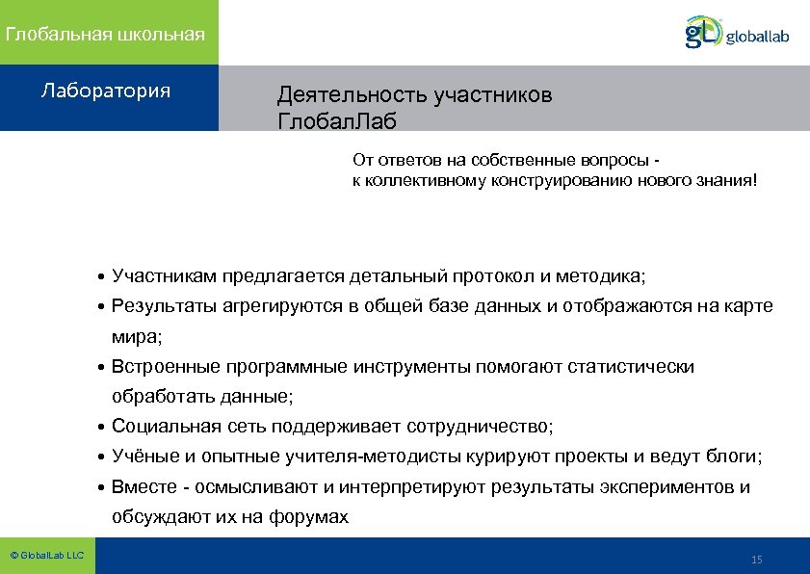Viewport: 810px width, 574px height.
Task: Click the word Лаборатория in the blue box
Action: (106, 91)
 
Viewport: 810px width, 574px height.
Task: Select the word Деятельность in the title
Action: (353, 95)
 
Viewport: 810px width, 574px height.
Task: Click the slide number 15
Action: (756, 560)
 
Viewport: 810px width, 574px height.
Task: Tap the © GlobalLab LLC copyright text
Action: (46, 556)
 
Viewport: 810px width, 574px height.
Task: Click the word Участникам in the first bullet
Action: (164, 276)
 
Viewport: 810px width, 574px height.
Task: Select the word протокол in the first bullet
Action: (497, 276)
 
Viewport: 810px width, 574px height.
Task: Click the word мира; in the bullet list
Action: (137, 337)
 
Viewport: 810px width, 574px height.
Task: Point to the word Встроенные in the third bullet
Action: (165, 367)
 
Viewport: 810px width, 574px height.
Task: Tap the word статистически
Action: (631, 367)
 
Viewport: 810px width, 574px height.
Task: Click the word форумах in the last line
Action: (313, 517)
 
